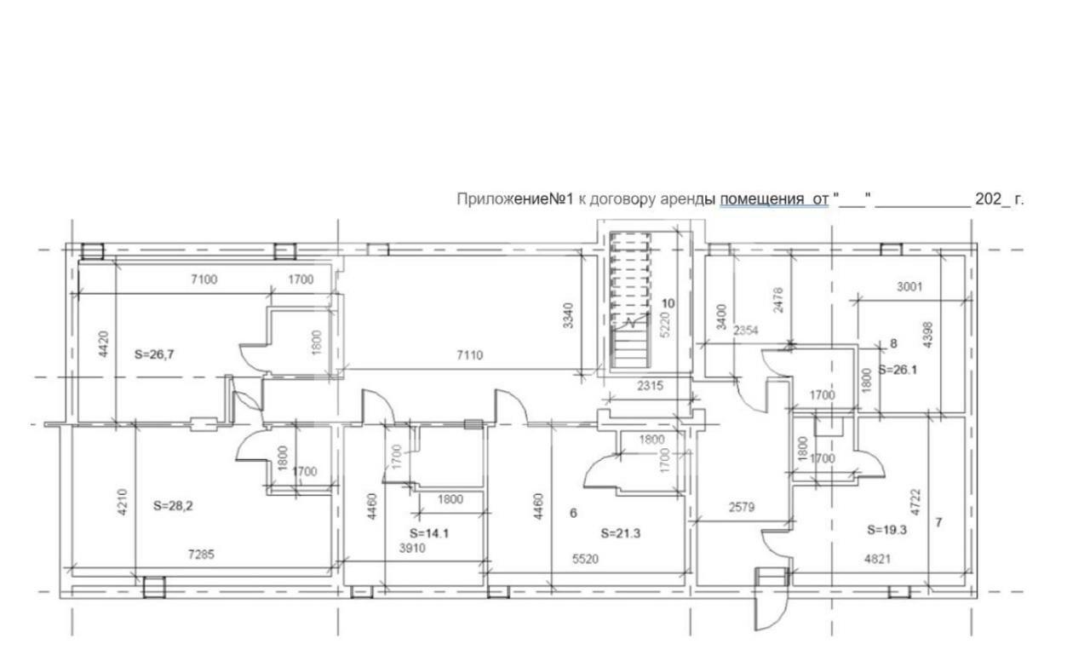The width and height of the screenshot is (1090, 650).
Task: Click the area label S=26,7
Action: (154, 355)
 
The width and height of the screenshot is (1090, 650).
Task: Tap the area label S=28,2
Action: (173, 506)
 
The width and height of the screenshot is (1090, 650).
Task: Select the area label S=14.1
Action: (429, 533)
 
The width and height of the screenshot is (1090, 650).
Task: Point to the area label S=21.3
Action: (621, 533)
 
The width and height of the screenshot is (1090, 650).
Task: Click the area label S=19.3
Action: (887, 530)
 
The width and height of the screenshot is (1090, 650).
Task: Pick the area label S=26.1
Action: (898, 370)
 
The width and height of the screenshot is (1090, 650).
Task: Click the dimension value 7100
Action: (204, 279)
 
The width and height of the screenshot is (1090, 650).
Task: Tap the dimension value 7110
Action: (470, 355)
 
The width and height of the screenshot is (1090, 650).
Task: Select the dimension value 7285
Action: (202, 554)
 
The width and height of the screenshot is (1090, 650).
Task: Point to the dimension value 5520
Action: (585, 559)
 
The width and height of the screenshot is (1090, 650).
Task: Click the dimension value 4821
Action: (877, 559)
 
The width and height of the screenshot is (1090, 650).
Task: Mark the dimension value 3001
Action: (909, 287)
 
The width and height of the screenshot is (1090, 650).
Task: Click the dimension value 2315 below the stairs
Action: (650, 386)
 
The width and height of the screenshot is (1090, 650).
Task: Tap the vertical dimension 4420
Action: (104, 344)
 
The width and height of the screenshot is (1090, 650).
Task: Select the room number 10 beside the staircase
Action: (668, 303)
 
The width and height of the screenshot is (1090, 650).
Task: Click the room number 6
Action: (573, 513)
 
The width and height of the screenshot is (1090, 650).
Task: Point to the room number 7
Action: (938, 522)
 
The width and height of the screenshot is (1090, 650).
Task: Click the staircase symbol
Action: (631, 301)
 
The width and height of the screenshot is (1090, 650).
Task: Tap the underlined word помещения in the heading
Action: (761, 199)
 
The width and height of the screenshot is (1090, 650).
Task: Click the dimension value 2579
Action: (742, 508)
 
